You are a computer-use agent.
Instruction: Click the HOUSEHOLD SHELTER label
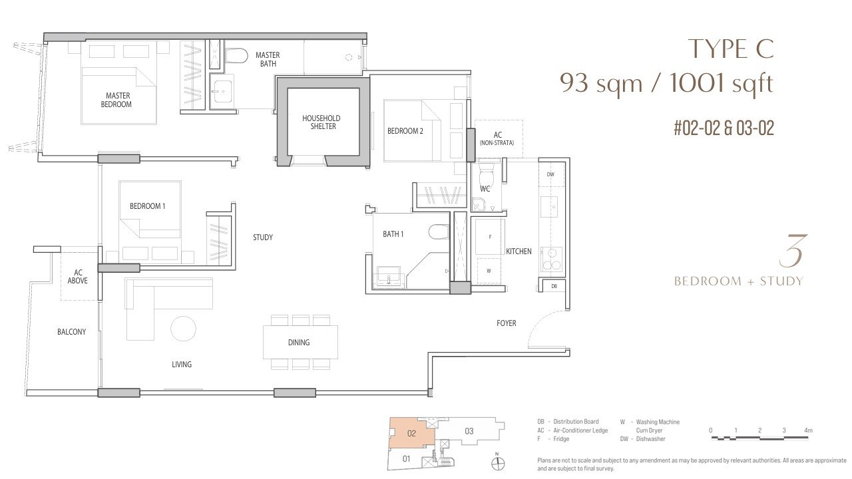321,122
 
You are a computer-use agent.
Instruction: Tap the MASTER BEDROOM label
116,100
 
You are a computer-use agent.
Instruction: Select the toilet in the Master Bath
236,55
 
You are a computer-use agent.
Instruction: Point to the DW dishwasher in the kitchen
550,174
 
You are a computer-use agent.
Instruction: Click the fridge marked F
490,237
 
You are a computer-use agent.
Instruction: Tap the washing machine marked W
489,271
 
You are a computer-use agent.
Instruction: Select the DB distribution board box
554,286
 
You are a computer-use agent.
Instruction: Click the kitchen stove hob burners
552,259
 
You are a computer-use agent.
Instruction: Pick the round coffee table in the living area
183,329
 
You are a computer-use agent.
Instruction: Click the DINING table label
299,343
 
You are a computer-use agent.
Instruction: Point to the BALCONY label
71,332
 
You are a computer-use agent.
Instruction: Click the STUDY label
263,238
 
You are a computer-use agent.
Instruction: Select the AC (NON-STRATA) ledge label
497,139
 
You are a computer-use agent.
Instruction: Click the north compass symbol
497,464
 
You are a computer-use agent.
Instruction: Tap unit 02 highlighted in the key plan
411,434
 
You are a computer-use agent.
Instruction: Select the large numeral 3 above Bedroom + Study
792,251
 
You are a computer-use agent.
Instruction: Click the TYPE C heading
731,49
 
